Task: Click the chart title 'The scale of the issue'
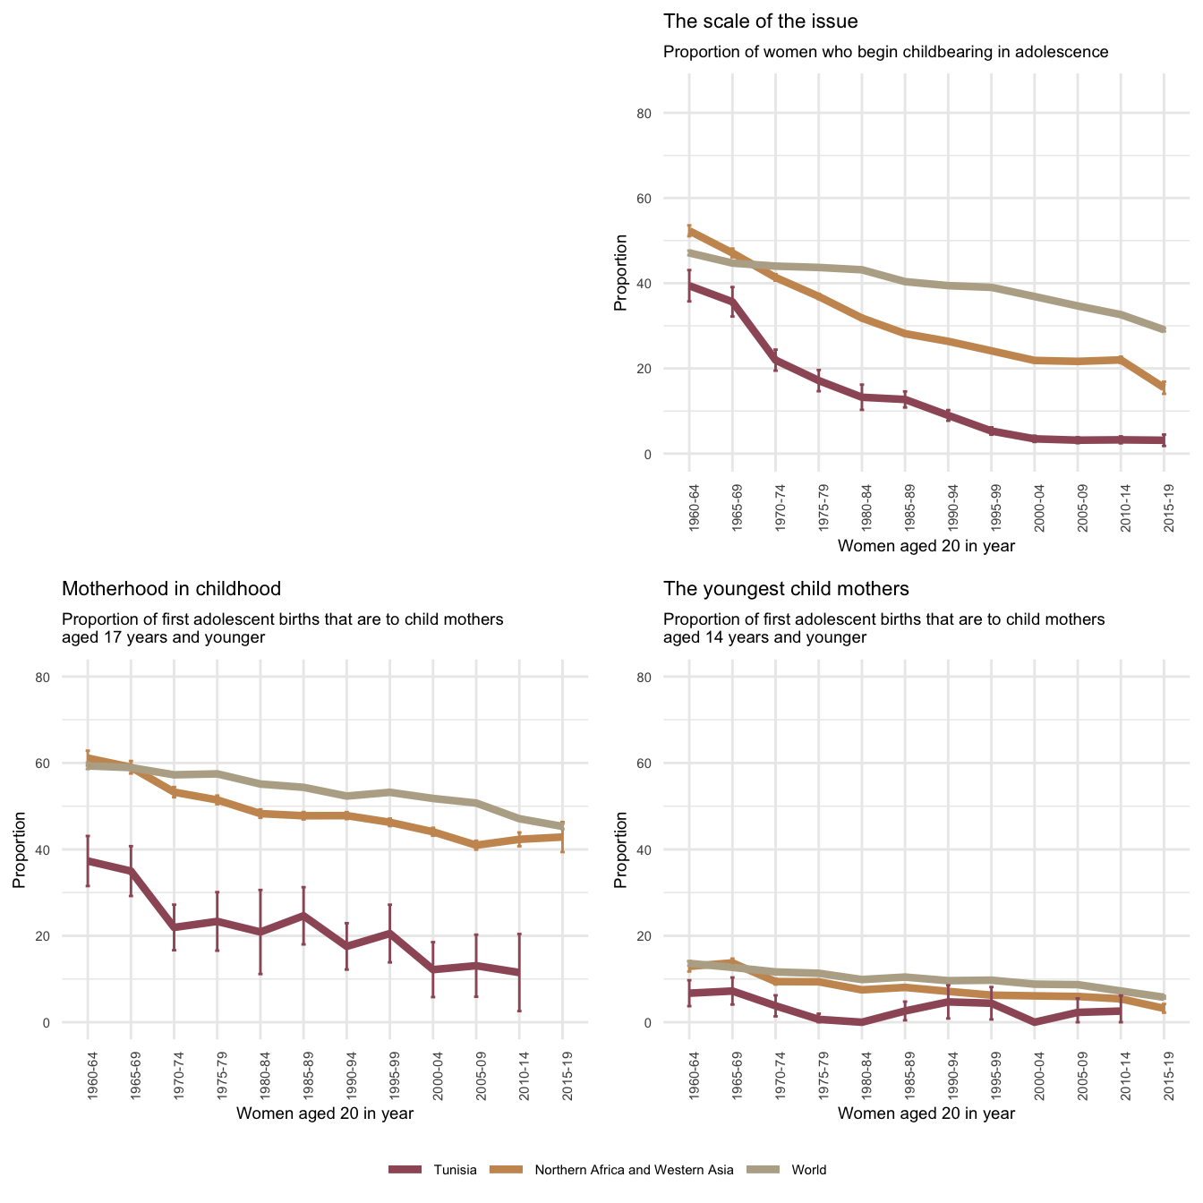(x=760, y=21)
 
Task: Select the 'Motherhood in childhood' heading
(x=171, y=589)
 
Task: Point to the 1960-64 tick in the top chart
(x=695, y=508)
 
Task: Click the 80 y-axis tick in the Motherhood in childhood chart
(x=68, y=678)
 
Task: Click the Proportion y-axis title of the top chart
(x=620, y=273)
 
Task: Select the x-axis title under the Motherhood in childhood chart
(x=324, y=1113)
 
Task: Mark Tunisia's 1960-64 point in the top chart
(x=689, y=286)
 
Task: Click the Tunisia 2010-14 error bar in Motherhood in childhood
(x=519, y=972)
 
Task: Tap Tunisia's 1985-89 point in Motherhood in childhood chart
(x=303, y=916)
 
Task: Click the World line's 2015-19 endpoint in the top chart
(x=1164, y=330)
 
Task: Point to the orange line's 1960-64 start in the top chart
(x=689, y=231)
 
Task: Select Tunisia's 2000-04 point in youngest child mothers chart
(x=1035, y=1021)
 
